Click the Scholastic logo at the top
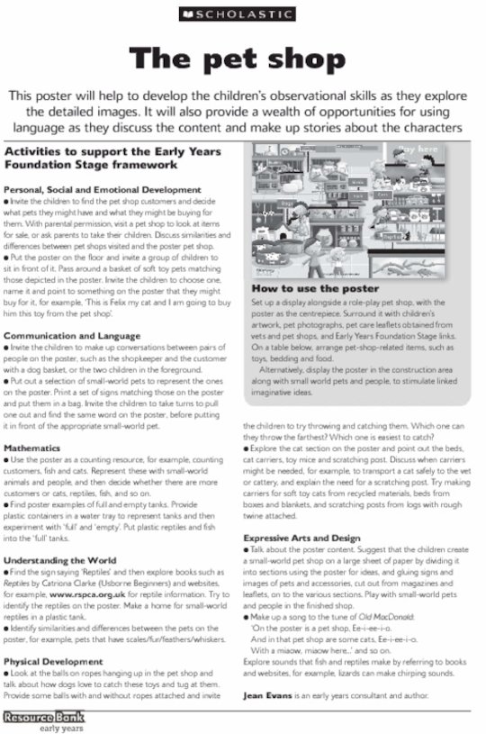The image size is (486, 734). pyautogui.click(x=242, y=14)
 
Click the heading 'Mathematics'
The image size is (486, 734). pyautogui.click(x=32, y=448)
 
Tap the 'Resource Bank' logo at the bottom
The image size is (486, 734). pyautogui.click(x=36, y=717)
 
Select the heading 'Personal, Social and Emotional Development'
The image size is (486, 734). pyautogui.click(x=103, y=190)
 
